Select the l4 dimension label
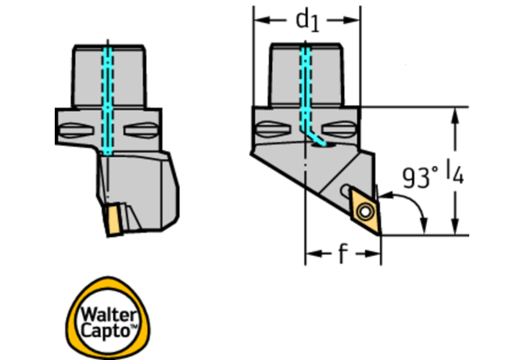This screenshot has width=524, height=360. point(456,174)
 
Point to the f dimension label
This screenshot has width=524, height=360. point(343,254)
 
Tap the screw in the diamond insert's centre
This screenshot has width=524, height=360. point(364,211)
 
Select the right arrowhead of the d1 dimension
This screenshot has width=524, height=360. point(357,19)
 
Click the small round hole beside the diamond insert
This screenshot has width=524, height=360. point(346,190)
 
